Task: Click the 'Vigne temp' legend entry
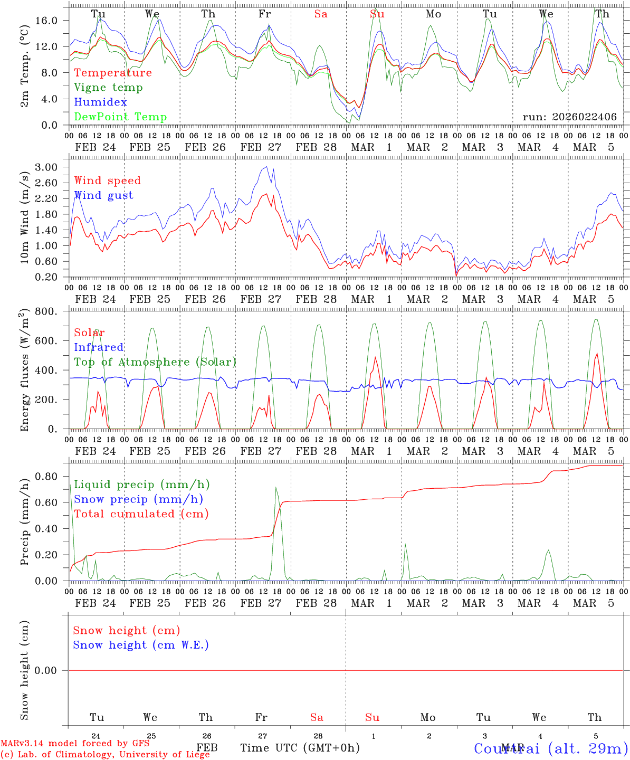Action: point(108,88)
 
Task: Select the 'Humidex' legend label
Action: point(100,102)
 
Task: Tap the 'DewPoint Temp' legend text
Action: point(120,117)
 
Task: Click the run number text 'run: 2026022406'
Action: point(569,117)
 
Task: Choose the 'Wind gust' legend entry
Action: point(103,195)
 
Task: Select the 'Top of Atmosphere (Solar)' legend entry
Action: point(155,362)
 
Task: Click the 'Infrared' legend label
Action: point(99,347)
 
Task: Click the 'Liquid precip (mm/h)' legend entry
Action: point(142,484)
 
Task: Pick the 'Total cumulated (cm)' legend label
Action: point(141,514)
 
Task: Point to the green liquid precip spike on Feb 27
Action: point(276,488)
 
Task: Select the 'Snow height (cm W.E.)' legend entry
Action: point(141,645)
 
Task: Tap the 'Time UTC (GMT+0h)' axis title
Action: point(300,748)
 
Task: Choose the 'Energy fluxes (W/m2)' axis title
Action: point(25,371)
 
